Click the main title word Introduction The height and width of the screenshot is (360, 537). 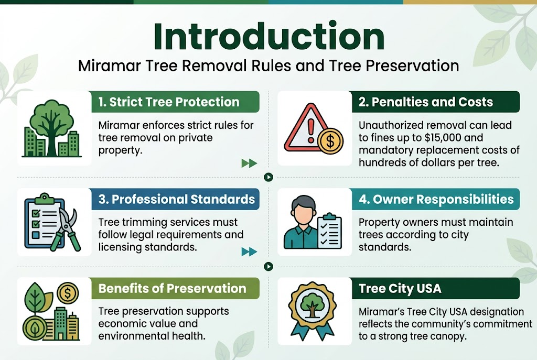click(x=268, y=38)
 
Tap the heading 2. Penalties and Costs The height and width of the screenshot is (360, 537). click(x=425, y=102)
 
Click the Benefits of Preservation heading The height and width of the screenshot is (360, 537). click(x=172, y=289)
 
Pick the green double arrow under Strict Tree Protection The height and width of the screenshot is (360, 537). click(x=249, y=163)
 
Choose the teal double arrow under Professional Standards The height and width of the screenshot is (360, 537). click(x=249, y=252)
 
